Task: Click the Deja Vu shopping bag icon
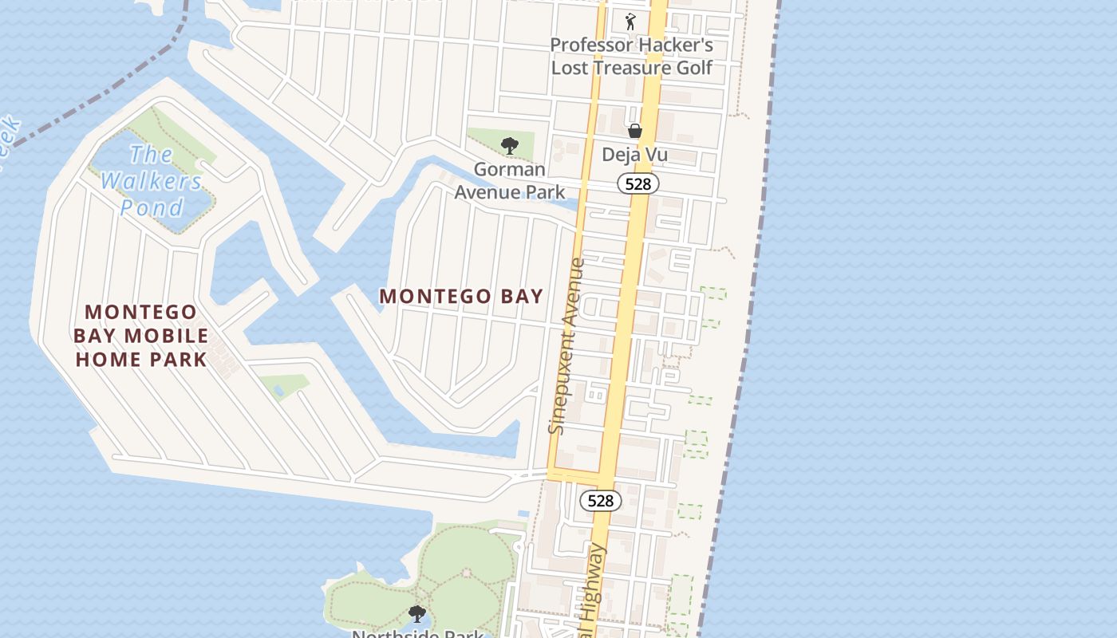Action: [635, 131]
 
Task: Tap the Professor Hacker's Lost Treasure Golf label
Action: [631, 56]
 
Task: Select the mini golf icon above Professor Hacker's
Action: [630, 22]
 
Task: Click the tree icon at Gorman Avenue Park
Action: [509, 145]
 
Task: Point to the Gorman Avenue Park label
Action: [510, 181]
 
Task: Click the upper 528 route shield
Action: [638, 184]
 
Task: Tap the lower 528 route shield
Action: [600, 500]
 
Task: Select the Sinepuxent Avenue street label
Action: [567, 346]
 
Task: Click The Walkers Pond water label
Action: [152, 181]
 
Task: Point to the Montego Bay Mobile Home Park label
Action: [141, 336]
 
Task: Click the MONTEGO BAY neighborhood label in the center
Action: [461, 297]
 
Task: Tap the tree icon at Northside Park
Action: [416, 613]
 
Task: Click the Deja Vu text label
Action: [634, 155]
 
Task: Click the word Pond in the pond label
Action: [152, 208]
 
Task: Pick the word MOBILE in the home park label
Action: [171, 336]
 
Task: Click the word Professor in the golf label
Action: [592, 45]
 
